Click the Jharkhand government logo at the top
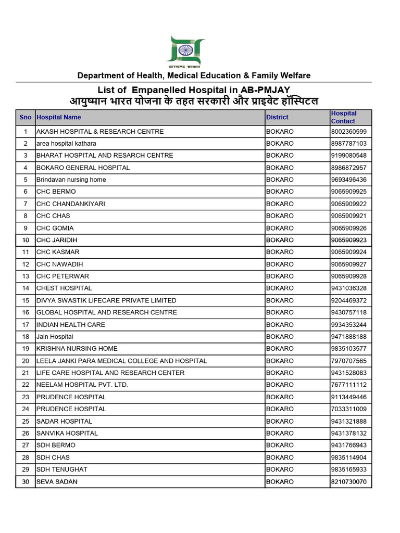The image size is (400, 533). (185, 52)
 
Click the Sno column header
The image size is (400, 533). (25, 117)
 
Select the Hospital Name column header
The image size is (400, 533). (59, 117)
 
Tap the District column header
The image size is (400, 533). (277, 117)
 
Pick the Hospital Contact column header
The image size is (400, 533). (344, 117)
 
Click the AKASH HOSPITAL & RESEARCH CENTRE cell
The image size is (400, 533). (100, 132)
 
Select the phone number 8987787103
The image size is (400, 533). (348, 144)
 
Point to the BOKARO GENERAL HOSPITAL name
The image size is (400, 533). (83, 168)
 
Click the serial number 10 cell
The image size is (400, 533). (25, 240)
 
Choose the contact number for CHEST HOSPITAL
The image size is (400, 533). (348, 288)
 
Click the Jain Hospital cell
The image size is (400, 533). (55, 337)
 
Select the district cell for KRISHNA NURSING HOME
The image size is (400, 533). (280, 349)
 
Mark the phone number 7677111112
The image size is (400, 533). (348, 385)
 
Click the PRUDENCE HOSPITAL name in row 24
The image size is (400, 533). (71, 409)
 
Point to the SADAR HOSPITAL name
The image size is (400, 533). (64, 421)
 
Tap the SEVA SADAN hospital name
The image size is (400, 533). (57, 482)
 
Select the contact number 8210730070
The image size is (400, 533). (348, 482)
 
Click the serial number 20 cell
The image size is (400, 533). (25, 361)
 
